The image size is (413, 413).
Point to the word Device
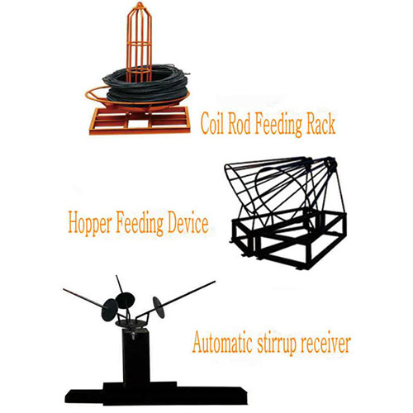(x=188, y=222)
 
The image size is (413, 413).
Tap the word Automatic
(x=222, y=343)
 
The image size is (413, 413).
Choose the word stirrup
(x=277, y=344)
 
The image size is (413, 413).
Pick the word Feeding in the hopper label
(x=140, y=224)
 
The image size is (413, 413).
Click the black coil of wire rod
(x=146, y=84)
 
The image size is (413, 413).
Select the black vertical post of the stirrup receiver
(x=136, y=357)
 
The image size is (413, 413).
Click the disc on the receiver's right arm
(x=159, y=307)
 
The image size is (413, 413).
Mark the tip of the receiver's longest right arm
(x=215, y=282)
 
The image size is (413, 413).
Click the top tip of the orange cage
(x=140, y=2)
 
